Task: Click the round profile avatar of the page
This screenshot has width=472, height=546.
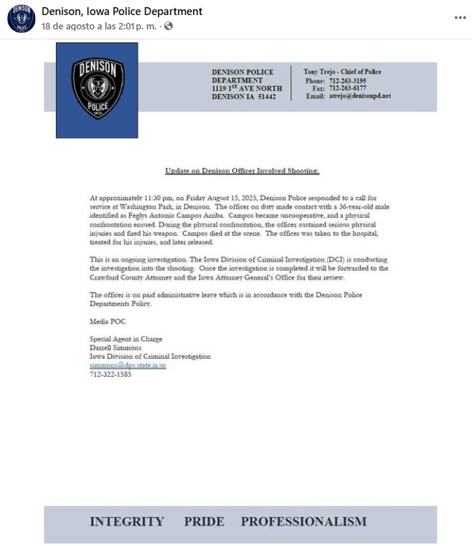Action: (x=21, y=19)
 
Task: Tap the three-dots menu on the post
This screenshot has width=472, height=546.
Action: (x=460, y=18)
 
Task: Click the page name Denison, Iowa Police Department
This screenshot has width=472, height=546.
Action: (x=122, y=11)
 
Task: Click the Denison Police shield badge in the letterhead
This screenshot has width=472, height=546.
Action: (x=98, y=89)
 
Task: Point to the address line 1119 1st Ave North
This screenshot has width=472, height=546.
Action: (x=247, y=88)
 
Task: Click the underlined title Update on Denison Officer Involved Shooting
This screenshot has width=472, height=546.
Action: (x=242, y=171)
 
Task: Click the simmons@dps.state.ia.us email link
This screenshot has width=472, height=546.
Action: (x=127, y=365)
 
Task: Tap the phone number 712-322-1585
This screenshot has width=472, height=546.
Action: (x=110, y=374)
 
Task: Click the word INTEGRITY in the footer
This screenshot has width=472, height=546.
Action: (x=126, y=522)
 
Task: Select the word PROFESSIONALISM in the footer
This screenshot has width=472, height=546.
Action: (x=303, y=522)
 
